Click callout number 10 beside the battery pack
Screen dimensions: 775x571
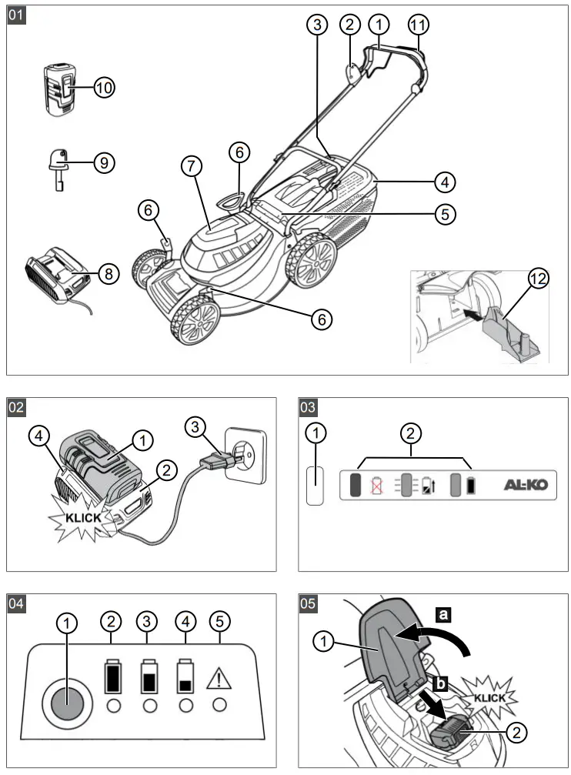(104, 88)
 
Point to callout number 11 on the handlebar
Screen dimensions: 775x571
(417, 25)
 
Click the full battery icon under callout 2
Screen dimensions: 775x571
(113, 676)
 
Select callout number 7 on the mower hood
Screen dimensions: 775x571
(191, 165)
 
